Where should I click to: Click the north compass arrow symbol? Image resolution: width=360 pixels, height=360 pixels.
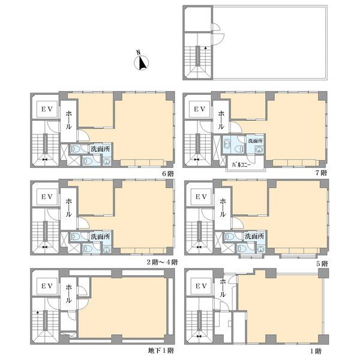tap(142, 62)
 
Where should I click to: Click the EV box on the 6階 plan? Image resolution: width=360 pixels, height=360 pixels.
tap(47, 109)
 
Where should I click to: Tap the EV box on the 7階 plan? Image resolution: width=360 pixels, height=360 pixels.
tap(199, 109)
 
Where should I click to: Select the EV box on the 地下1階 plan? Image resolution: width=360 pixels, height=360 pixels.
tap(47, 286)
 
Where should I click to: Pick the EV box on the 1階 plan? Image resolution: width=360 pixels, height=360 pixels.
tap(201, 286)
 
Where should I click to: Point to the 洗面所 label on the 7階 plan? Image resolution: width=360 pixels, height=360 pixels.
tap(256, 140)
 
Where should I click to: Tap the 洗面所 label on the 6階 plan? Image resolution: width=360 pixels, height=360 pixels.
tap(100, 149)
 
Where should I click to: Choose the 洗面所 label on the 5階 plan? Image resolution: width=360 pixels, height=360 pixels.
tap(254, 236)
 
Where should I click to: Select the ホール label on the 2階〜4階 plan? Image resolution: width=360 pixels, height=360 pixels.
tap(68, 208)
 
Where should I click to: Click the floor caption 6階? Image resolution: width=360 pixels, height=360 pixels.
tap(168, 173)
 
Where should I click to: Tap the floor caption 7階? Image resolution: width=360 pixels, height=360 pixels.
tap(320, 173)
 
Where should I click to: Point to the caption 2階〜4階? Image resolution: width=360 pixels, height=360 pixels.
tap(162, 262)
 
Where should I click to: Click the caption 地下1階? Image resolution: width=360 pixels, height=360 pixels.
tap(161, 350)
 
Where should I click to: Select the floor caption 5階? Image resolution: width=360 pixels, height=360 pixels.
tap(322, 263)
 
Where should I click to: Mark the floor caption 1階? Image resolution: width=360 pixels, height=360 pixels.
tap(316, 351)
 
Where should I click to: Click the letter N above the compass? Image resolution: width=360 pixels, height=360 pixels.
tap(138, 52)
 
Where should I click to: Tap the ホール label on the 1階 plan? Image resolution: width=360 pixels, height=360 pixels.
tap(223, 288)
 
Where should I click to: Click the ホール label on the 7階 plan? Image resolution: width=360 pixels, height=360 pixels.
tap(221, 119)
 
